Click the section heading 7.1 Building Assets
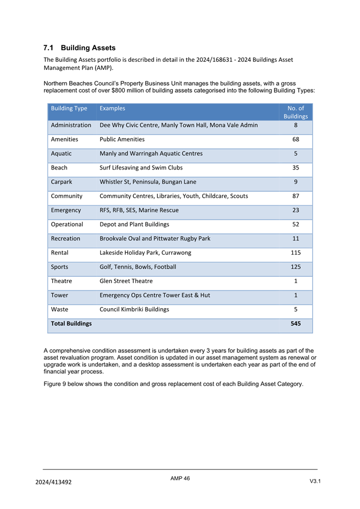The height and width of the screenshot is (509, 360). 79,48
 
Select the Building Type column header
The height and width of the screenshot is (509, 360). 69,108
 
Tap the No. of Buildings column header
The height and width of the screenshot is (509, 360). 295,112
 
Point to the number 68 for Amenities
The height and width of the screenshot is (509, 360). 295,139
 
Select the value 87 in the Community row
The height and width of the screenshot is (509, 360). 295,196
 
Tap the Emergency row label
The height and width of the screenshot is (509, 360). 66,210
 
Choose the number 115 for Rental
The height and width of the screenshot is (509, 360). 295,253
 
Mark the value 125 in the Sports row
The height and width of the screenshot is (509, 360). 295,266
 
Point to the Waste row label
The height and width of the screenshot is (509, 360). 60,309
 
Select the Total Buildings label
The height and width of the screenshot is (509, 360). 71,324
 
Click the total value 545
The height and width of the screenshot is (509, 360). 295,324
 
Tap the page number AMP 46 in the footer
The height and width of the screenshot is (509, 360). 180,479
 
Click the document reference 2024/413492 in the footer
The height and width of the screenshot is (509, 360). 53,482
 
